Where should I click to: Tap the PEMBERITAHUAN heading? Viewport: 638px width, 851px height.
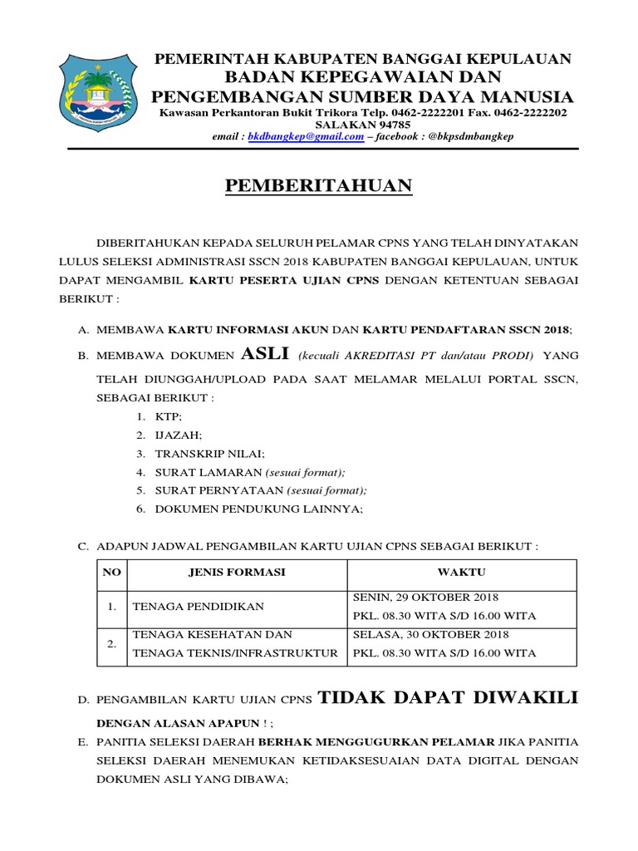point(319,186)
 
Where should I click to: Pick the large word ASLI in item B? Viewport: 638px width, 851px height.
point(265,354)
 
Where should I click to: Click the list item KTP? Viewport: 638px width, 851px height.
point(168,416)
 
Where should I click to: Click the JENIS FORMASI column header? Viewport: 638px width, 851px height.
point(237,573)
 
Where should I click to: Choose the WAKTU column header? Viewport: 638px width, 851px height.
point(461,573)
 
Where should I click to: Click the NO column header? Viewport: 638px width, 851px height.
point(111,573)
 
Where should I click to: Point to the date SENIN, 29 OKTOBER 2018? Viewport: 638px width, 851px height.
point(426,598)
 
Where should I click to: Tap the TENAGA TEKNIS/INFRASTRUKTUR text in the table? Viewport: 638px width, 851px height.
point(235,653)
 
